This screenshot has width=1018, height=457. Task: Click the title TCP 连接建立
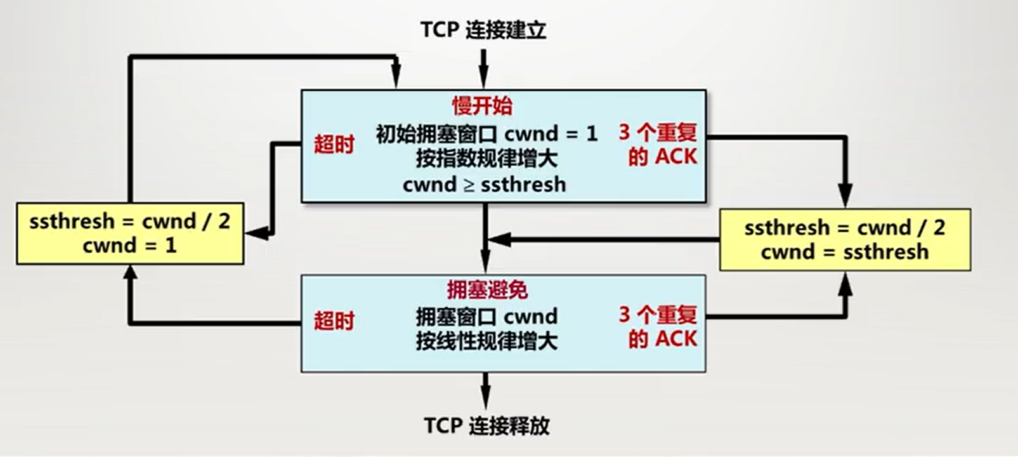pyautogui.click(x=483, y=30)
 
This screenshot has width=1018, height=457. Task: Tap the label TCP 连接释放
pyautogui.click(x=486, y=425)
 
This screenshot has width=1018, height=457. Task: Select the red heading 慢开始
pyautogui.click(x=482, y=106)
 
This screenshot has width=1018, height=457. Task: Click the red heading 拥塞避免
pyautogui.click(x=487, y=290)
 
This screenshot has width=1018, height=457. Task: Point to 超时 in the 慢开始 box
pyautogui.click(x=334, y=145)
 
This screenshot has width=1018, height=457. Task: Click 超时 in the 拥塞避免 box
pyautogui.click(x=334, y=321)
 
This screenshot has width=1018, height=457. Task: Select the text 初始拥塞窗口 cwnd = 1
pyautogui.click(x=486, y=134)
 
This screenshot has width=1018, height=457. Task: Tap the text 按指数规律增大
pyautogui.click(x=486, y=159)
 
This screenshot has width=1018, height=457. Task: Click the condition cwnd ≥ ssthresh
pyautogui.click(x=485, y=185)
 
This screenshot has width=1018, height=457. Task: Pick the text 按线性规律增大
pyautogui.click(x=486, y=341)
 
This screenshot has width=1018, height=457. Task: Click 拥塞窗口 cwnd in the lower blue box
pyautogui.click(x=486, y=316)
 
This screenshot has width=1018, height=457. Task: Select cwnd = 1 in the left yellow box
pyautogui.click(x=129, y=246)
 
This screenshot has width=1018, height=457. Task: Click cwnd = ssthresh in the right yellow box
pyautogui.click(x=844, y=252)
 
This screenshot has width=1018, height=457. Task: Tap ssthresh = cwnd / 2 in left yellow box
pyautogui.click(x=129, y=222)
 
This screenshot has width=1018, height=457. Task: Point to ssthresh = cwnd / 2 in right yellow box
pyautogui.click(x=844, y=227)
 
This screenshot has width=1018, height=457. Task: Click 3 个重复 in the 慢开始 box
pyautogui.click(x=658, y=133)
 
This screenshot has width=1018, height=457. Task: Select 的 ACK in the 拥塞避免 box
pyautogui.click(x=662, y=339)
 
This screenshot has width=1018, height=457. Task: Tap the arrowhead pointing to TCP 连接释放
pyautogui.click(x=485, y=400)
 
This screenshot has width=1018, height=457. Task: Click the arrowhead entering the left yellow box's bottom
pyautogui.click(x=130, y=273)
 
